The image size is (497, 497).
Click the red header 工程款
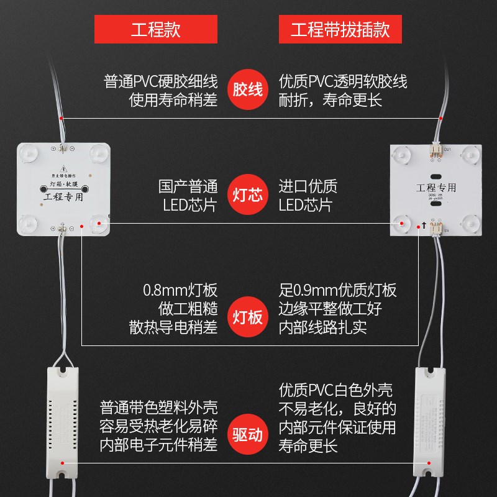pos(155,30)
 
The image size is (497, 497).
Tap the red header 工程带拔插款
pos(340,30)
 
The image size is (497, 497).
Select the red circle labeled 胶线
pos(248,90)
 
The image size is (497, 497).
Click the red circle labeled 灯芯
pos(248,196)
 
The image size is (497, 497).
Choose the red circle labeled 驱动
pos(248,434)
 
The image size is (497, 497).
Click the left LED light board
pos(63,189)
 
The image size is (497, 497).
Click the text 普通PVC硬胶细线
pos(161,81)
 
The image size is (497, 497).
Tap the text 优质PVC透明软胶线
pos(343,81)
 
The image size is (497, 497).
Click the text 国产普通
pos(189,186)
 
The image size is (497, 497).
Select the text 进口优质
pos(308,186)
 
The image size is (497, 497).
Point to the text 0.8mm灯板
pos(180,290)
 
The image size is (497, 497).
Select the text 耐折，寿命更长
pos(331,100)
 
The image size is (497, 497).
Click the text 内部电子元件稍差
pos(159,445)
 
